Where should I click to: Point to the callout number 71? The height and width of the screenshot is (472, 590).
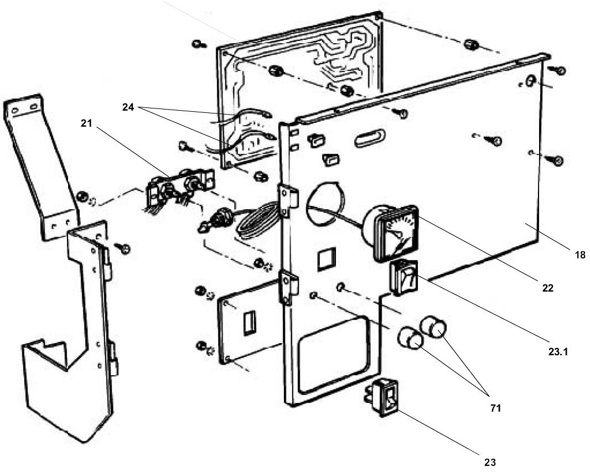[x=495, y=408]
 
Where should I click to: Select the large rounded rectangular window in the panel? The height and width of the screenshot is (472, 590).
[x=331, y=351]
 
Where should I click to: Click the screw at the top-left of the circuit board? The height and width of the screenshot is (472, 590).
[x=199, y=44]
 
